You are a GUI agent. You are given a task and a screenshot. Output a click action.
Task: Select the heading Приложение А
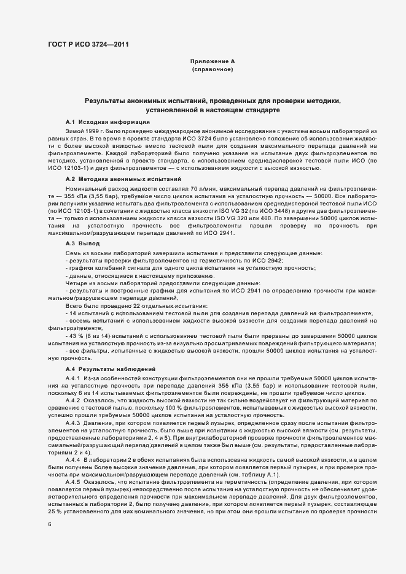(x=212, y=62)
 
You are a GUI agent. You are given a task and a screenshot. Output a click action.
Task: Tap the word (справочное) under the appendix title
(x=212, y=70)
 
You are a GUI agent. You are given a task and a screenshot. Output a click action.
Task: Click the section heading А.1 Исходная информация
(x=107, y=123)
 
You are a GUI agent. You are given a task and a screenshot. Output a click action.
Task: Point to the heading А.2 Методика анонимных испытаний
(x=119, y=178)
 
